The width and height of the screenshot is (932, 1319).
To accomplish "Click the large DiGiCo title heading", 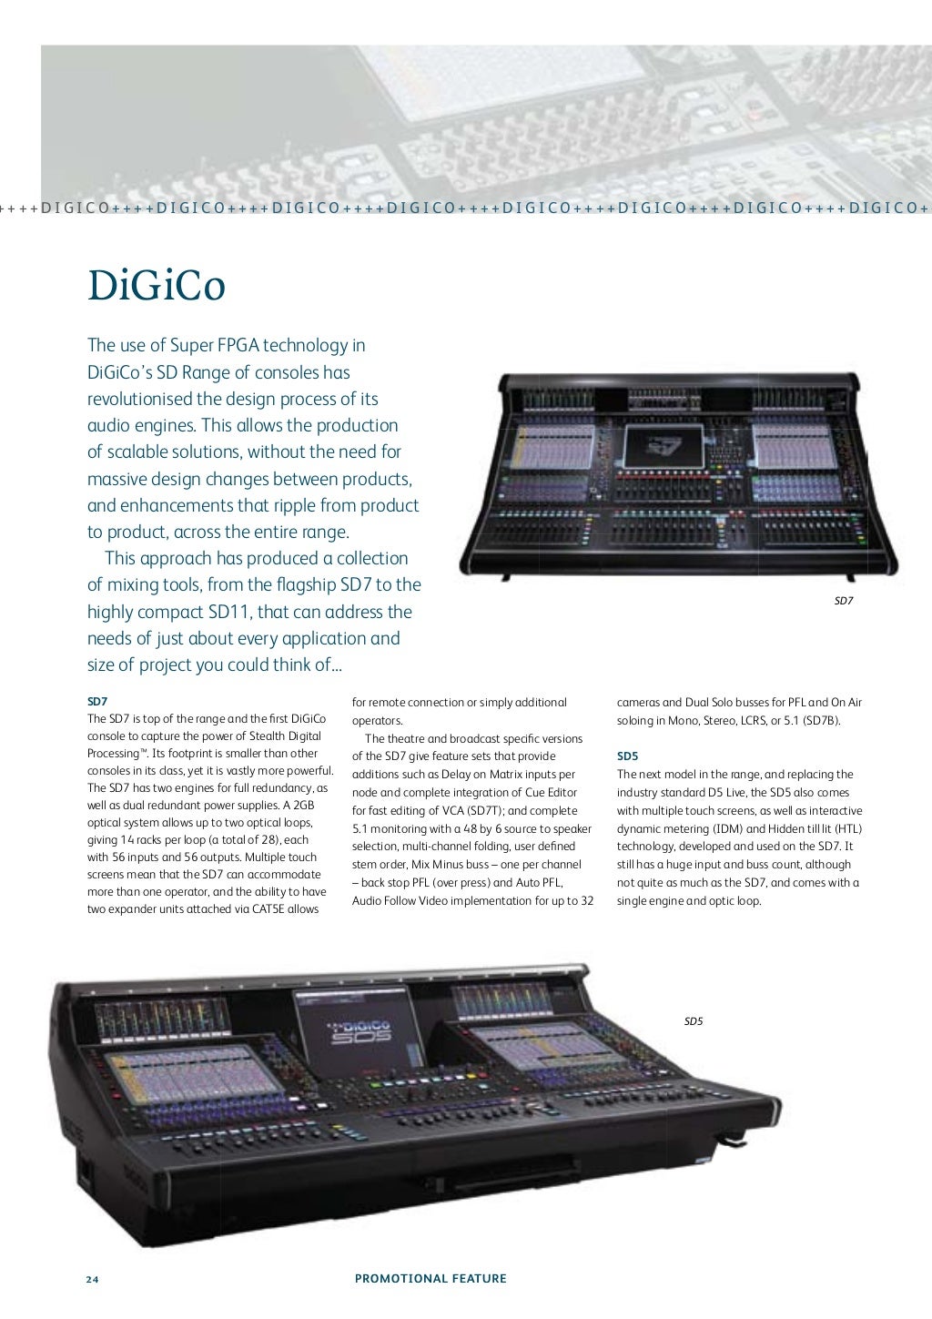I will tap(156, 286).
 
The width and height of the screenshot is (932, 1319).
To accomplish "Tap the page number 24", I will tap(92, 1279).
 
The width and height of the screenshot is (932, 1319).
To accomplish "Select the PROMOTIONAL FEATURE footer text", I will tap(431, 1279).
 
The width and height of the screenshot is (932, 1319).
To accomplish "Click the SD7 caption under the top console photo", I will tap(844, 601).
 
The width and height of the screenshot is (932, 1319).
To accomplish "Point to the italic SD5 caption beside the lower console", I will tap(694, 1021).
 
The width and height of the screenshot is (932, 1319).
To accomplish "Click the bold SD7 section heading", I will tap(97, 702).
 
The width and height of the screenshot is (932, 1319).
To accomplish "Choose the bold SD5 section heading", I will tap(627, 756).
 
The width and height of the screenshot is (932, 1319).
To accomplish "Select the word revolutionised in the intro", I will tap(139, 399).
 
